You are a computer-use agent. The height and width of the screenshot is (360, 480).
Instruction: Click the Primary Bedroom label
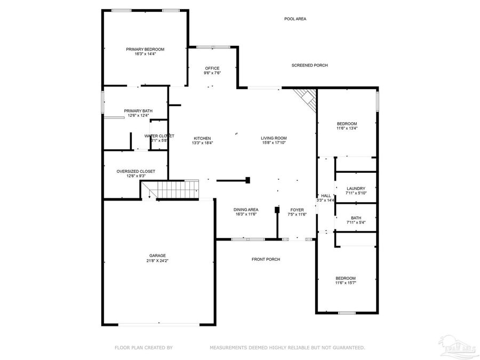(x=145, y=49)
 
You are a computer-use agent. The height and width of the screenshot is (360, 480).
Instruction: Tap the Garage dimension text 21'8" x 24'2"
(x=158, y=261)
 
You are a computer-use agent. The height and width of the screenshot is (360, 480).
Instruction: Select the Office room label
(x=212, y=68)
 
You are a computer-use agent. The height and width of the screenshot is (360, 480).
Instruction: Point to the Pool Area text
(x=295, y=19)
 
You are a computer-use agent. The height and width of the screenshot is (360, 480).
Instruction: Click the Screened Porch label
(x=309, y=65)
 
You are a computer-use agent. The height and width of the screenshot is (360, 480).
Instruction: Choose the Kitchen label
(x=202, y=138)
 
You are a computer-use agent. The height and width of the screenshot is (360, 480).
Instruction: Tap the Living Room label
(x=274, y=138)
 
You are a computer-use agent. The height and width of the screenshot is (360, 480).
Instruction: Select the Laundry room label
(x=356, y=189)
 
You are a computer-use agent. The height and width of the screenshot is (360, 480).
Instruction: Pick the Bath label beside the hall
(x=356, y=218)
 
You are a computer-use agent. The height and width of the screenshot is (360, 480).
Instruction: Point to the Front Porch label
(x=266, y=259)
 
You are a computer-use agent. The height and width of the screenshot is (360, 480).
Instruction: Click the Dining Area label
(x=246, y=210)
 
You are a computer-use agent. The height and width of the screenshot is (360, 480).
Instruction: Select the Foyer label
(x=297, y=210)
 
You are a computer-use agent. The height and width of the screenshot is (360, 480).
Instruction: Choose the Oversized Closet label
(x=136, y=171)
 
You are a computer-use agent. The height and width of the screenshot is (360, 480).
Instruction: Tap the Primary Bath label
(x=138, y=111)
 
